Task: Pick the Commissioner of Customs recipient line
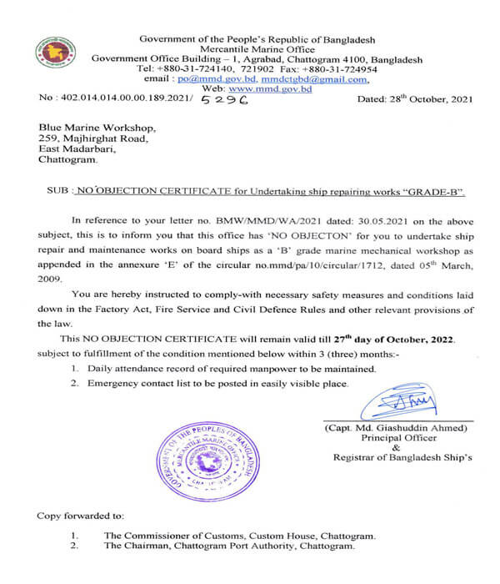(238, 535)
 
